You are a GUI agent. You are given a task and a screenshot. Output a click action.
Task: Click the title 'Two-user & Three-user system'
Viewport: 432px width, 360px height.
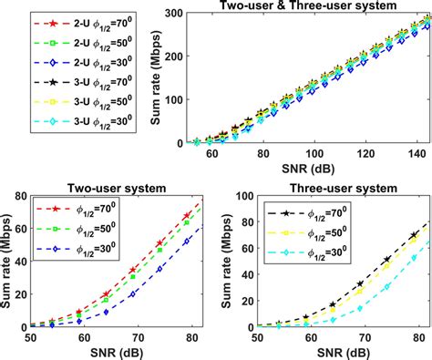pos(287,7)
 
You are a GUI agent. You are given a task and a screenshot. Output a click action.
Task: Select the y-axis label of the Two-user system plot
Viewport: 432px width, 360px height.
pos(8,262)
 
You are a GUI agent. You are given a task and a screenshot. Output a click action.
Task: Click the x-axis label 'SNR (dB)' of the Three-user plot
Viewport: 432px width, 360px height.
pos(336,352)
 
